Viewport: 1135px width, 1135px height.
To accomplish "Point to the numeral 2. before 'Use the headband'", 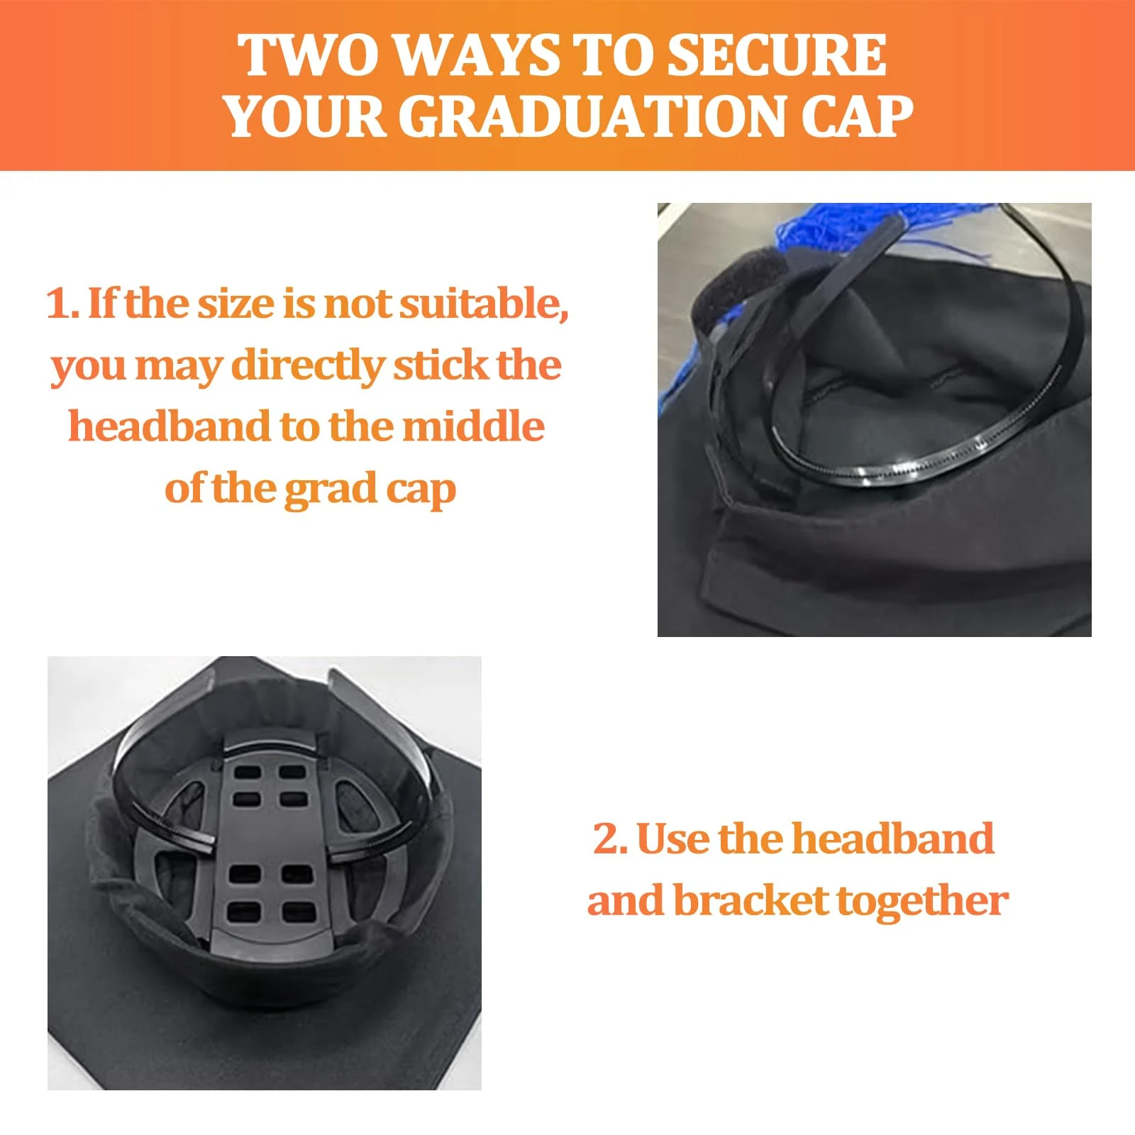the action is coord(611,839).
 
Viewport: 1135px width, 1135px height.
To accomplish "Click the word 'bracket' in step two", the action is coord(751,901).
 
